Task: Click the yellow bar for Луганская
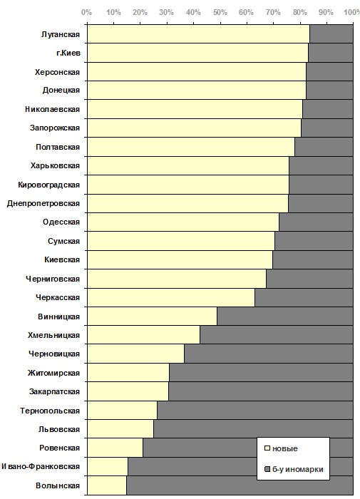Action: (198, 34)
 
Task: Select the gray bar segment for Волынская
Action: (240, 485)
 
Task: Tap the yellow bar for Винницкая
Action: (152, 317)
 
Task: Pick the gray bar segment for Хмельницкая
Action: (277, 335)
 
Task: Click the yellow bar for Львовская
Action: (120, 429)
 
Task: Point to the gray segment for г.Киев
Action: (330, 53)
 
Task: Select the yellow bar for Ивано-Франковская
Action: (108, 466)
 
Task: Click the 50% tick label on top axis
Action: (220, 12)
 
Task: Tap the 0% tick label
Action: (86, 12)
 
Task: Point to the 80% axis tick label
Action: (300, 12)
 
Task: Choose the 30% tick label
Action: (167, 12)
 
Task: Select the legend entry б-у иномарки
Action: (294, 469)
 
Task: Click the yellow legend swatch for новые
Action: (267, 448)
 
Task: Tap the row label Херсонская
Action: (57, 72)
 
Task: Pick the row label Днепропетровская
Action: (43, 204)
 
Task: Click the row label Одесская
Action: (61, 222)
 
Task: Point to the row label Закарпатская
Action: (54, 391)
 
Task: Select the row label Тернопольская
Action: (50, 411)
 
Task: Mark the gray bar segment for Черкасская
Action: (304, 297)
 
